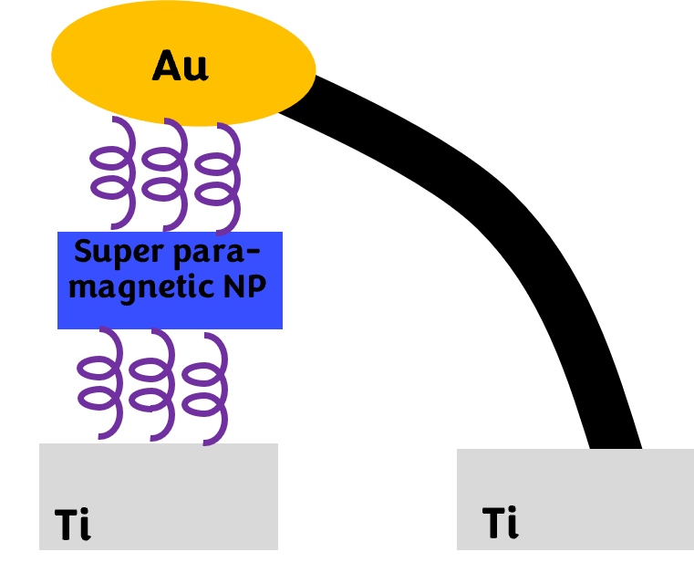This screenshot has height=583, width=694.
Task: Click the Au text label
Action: (180, 67)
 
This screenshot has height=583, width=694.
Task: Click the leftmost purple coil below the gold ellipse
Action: (113, 172)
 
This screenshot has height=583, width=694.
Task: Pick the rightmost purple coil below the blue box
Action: (206, 388)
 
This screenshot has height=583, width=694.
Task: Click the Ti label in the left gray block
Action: (73, 525)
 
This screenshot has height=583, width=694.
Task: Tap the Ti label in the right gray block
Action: (500, 523)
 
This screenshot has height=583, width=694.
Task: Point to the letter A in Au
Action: (167, 67)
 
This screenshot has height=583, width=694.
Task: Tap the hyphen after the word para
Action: (253, 253)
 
